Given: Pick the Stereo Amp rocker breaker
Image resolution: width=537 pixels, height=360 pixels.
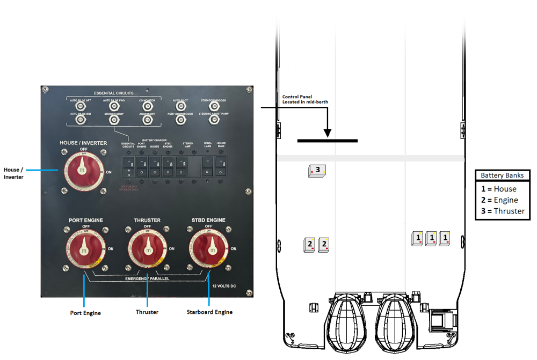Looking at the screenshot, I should [181, 165].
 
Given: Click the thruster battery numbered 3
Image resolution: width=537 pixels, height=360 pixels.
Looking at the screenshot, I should [317, 171].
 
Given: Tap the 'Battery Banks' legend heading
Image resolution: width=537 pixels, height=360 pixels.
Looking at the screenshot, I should [502, 175].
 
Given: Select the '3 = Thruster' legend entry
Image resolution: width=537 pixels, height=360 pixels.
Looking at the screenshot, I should [502, 211].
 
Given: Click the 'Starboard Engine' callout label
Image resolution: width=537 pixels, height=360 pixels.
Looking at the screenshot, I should [209, 312].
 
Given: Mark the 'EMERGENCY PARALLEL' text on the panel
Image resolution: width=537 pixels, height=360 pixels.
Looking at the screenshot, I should [147, 279].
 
